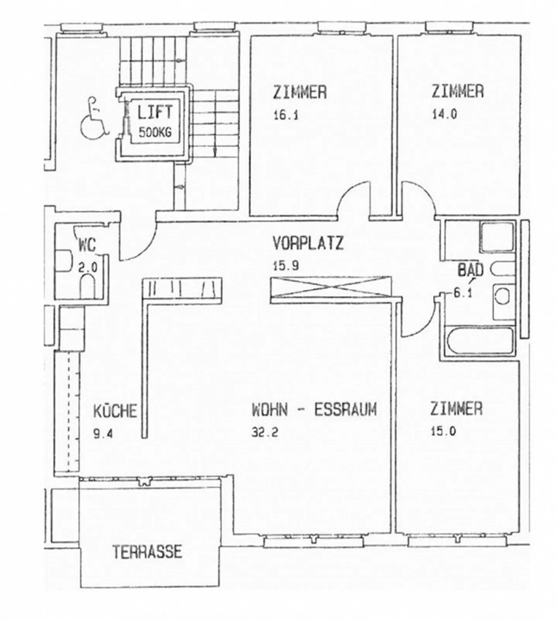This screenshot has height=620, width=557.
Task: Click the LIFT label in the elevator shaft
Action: [x=155, y=112]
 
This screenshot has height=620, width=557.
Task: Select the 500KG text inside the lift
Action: [x=155, y=133]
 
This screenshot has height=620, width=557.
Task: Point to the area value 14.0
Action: [x=444, y=114]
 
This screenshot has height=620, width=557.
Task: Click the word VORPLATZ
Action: [x=308, y=243]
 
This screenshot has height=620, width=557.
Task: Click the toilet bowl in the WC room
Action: [x=87, y=286]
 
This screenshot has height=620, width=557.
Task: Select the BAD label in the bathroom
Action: [x=470, y=270]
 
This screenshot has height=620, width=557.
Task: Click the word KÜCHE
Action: [x=115, y=411]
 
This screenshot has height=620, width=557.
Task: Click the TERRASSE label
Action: [x=147, y=551]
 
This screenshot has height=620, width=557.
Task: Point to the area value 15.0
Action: [x=443, y=431]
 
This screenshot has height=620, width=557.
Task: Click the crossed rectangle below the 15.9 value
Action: [x=330, y=288]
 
